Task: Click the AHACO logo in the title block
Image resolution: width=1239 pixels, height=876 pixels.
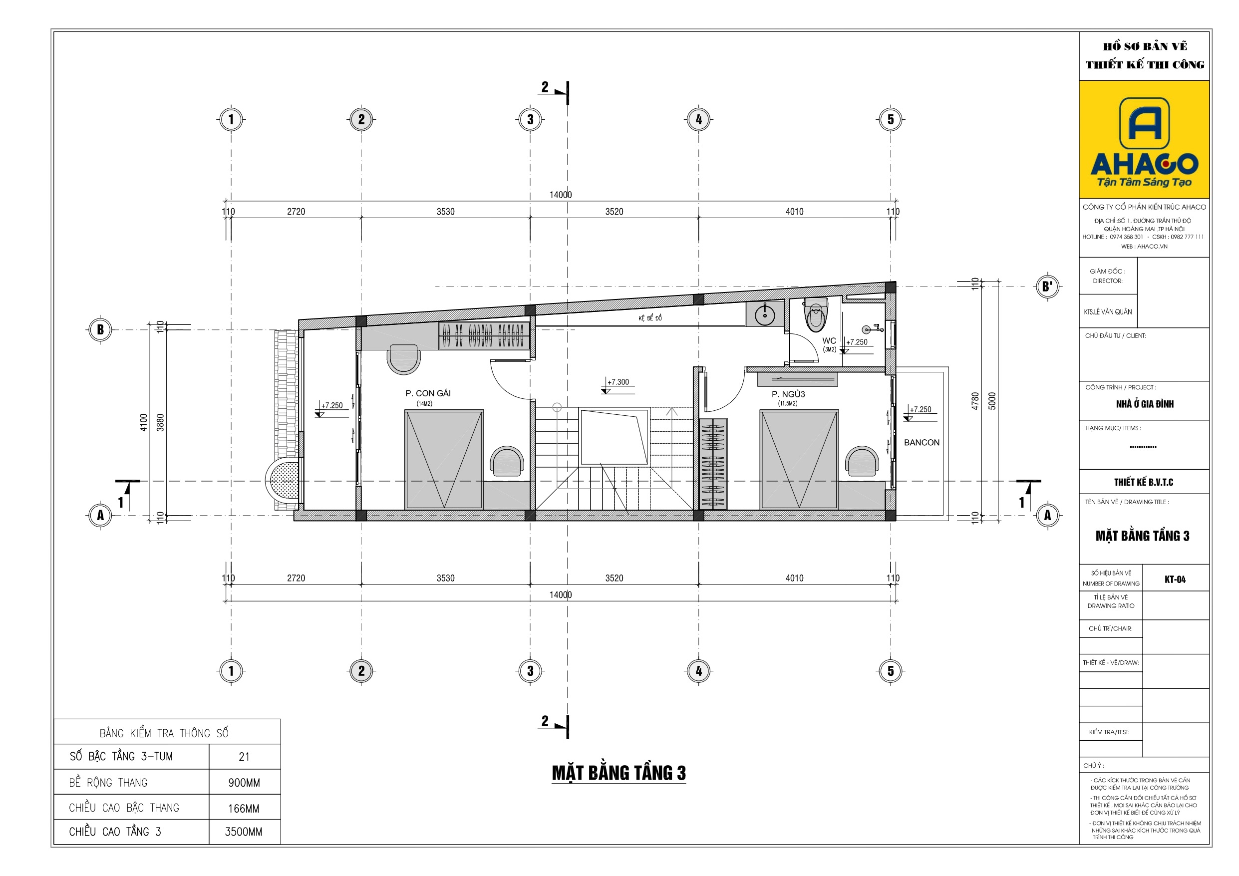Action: click(x=1144, y=139)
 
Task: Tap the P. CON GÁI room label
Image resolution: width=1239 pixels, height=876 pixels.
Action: click(x=428, y=393)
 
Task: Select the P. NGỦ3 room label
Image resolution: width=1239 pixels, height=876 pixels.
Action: click(x=788, y=394)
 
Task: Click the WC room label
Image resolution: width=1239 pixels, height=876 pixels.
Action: click(x=829, y=340)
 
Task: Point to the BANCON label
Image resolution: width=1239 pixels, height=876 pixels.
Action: click(x=922, y=443)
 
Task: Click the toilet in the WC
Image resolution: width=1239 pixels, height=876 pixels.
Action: click(x=815, y=314)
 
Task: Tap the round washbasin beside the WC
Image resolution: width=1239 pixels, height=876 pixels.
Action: click(x=765, y=314)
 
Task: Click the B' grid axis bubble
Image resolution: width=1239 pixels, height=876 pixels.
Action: click(x=1047, y=287)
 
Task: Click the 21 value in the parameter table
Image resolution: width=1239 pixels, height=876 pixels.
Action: click(x=244, y=757)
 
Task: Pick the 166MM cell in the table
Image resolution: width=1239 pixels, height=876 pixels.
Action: click(x=244, y=809)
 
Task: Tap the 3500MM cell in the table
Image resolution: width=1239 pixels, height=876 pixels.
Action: click(x=244, y=832)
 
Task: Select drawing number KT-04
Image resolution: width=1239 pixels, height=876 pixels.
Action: click(x=1175, y=579)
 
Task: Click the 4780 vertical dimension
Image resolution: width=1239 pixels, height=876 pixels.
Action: click(x=975, y=401)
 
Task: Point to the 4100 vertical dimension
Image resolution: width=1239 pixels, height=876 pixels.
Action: click(x=144, y=422)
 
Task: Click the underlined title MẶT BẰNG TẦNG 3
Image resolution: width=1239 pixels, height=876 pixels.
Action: click(x=619, y=773)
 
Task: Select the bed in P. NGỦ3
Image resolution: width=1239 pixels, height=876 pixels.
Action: click(x=799, y=460)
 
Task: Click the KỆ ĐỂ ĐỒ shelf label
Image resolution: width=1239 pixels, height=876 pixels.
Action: click(x=650, y=318)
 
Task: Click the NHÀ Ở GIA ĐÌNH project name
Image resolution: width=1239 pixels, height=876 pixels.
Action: click(x=1145, y=404)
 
